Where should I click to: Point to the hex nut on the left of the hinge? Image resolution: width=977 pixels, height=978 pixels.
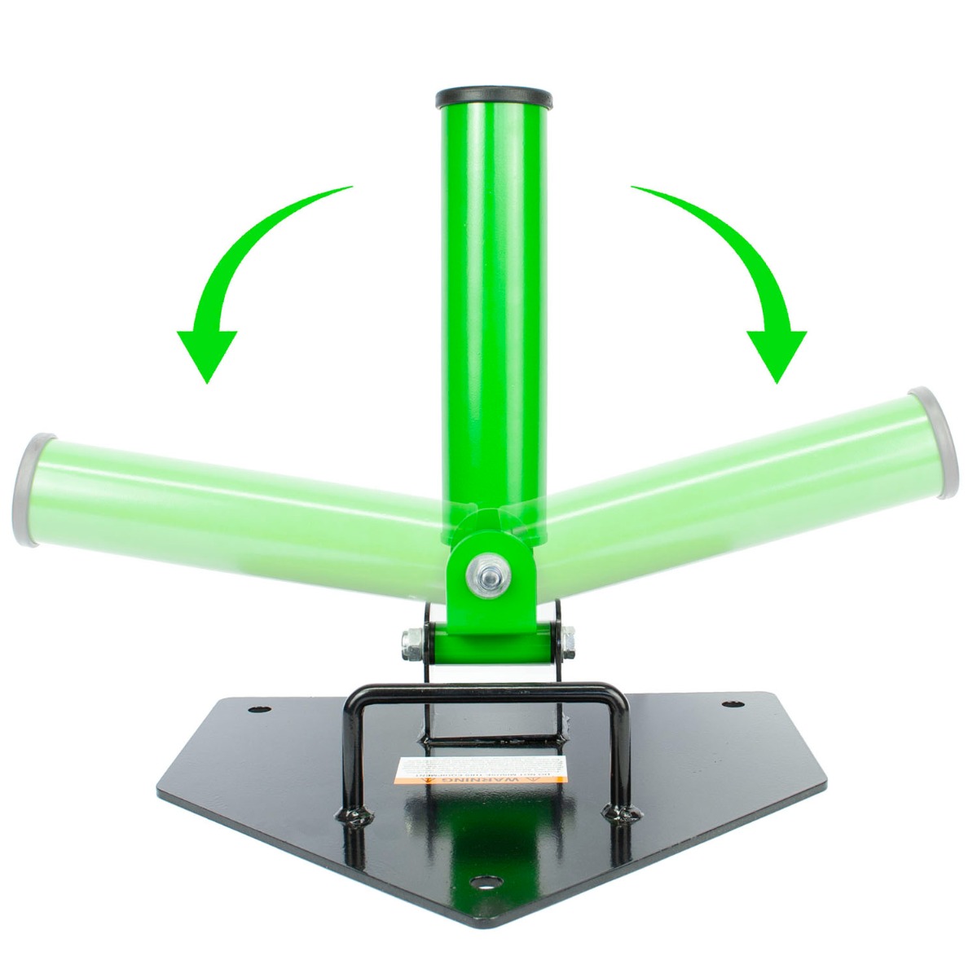pyautogui.click(x=412, y=643)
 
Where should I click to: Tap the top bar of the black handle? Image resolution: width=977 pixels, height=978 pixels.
pyautogui.click(x=489, y=695)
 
